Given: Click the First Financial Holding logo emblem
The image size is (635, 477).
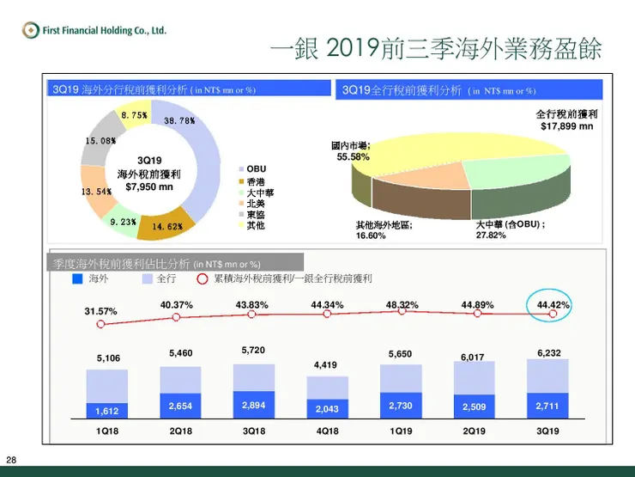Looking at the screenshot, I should pos(32,32).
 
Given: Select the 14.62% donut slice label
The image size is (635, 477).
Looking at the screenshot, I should pos(166,226).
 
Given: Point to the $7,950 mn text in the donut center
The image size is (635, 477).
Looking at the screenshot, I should pos(149,186).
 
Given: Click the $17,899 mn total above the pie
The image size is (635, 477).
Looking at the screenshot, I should pos(567,125).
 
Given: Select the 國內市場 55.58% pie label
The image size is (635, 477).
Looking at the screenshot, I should pos(353,151).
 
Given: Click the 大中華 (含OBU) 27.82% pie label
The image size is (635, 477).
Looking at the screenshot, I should pos(511,229).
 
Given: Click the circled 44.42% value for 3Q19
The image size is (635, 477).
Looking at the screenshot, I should pos(553,305).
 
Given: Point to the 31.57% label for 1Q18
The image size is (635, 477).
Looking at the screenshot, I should pos(100,310).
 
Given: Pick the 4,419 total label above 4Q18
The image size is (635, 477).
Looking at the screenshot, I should pos(325,365).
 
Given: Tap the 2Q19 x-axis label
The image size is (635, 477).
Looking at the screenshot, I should pos(475,430).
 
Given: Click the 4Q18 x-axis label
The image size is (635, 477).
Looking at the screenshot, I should pos(326,430).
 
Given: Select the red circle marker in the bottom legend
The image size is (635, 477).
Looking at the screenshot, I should pos(203,279).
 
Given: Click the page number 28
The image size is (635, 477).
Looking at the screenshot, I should pos(11,458).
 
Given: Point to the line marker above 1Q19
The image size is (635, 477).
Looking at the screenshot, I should pos(402,312).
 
